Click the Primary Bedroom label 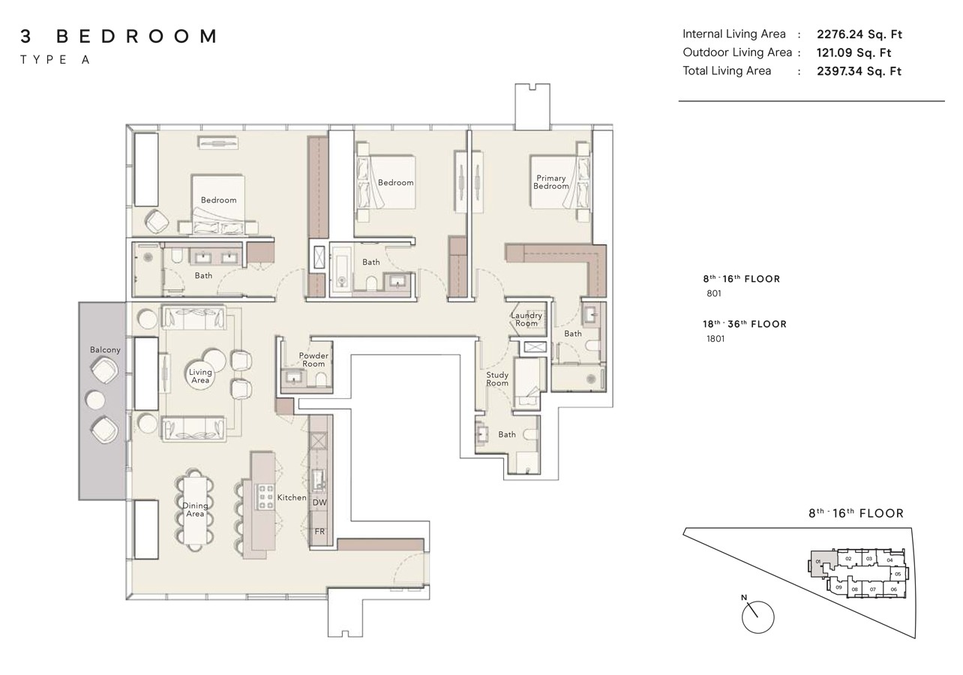pyautogui.click(x=550, y=182)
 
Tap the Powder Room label pyautogui.click(x=313, y=360)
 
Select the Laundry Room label pyautogui.click(x=526, y=319)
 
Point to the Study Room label pyautogui.click(x=496, y=379)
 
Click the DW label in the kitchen pyautogui.click(x=319, y=502)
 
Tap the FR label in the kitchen pyautogui.click(x=319, y=531)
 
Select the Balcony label pyautogui.click(x=105, y=350)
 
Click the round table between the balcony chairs pyautogui.click(x=97, y=400)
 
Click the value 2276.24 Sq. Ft pyautogui.click(x=859, y=34)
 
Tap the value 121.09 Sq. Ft pyautogui.click(x=853, y=52)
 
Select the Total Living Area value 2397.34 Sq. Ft pyautogui.click(x=859, y=71)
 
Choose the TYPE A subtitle pyautogui.click(x=55, y=60)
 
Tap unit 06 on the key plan pyautogui.click(x=893, y=589)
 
